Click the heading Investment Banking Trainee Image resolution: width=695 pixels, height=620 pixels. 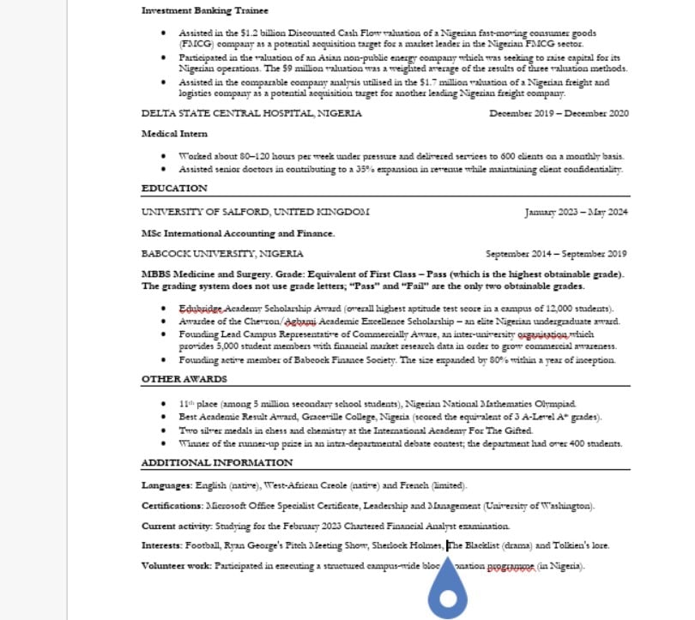(x=204, y=10)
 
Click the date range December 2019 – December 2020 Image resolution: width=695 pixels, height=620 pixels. (x=559, y=113)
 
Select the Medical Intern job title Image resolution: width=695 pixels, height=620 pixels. (x=174, y=134)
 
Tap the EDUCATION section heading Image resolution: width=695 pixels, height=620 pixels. (x=174, y=189)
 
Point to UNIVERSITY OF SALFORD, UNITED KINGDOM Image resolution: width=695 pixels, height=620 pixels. (x=256, y=212)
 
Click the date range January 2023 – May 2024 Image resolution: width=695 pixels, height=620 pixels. (x=577, y=212)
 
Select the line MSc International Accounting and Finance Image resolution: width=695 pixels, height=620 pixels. (x=238, y=233)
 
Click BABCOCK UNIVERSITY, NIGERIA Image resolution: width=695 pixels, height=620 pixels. (x=222, y=254)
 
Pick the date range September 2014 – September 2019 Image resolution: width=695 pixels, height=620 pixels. (x=556, y=254)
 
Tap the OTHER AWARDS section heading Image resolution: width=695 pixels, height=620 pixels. (x=184, y=378)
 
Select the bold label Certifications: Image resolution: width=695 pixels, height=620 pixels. (x=172, y=505)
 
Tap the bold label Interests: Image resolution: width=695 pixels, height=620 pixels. (x=161, y=545)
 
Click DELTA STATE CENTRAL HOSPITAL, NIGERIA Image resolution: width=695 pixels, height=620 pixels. (x=251, y=113)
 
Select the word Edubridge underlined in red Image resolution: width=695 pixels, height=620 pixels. (x=200, y=308)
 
